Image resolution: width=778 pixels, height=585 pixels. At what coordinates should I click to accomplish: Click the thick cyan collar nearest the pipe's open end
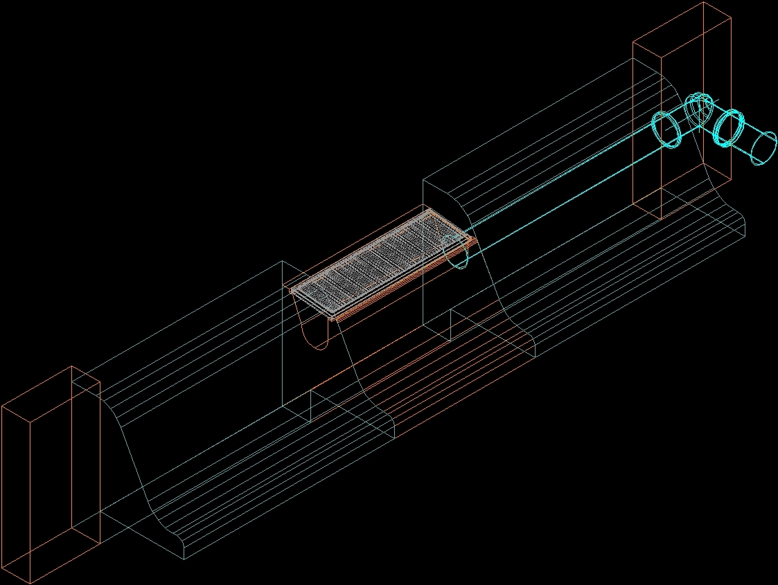point(728,128)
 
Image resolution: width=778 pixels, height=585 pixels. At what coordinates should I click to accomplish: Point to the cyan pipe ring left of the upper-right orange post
point(666,129)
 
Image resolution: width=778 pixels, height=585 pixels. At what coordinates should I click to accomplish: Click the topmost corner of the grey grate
point(431,210)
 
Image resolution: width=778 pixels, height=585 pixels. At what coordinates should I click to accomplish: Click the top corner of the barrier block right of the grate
point(423,182)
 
